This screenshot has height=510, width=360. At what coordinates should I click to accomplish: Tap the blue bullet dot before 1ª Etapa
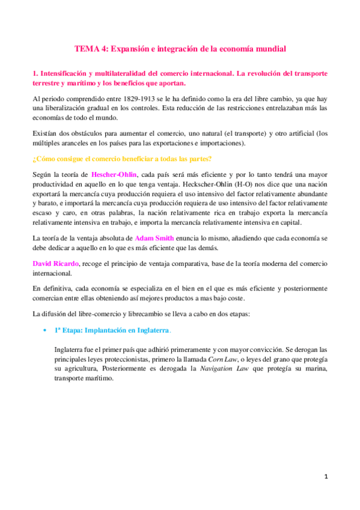45,331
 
